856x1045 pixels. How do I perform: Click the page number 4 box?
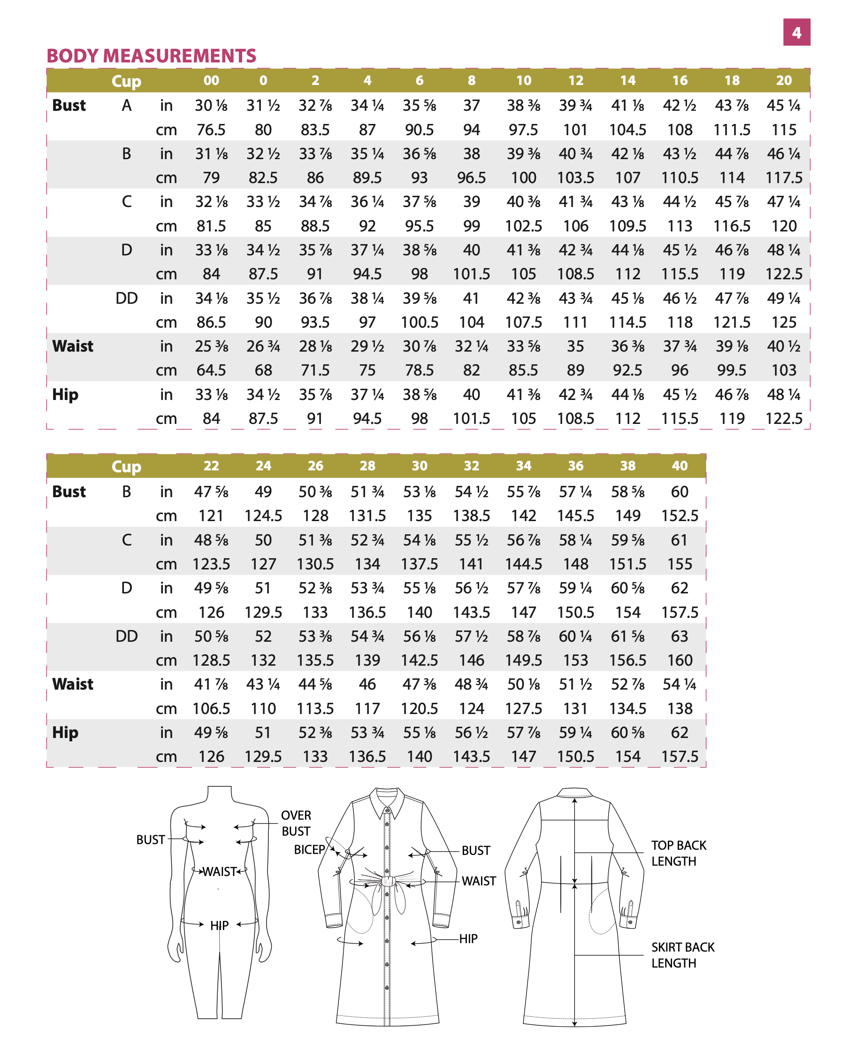tap(796, 32)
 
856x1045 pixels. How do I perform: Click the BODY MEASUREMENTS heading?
tap(152, 56)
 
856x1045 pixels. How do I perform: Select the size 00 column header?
tap(211, 80)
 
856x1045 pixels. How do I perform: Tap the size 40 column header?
tap(679, 466)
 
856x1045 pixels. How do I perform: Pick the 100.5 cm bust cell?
tap(419, 322)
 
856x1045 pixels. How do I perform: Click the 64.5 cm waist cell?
tap(211, 370)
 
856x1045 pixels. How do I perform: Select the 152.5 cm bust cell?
tap(679, 515)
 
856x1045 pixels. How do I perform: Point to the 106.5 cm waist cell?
tap(211, 708)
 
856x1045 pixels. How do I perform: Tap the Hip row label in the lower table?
tap(65, 732)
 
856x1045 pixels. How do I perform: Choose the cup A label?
tap(126, 106)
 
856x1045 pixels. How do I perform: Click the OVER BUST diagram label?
tap(296, 823)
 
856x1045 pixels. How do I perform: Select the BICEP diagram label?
tap(309, 849)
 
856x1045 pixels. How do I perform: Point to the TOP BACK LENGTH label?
tap(678, 853)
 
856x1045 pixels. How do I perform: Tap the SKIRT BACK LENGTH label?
tap(682, 955)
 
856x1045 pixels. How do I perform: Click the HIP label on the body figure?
tap(219, 925)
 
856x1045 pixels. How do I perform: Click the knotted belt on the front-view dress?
tap(388, 880)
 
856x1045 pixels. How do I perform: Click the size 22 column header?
tap(211, 466)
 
